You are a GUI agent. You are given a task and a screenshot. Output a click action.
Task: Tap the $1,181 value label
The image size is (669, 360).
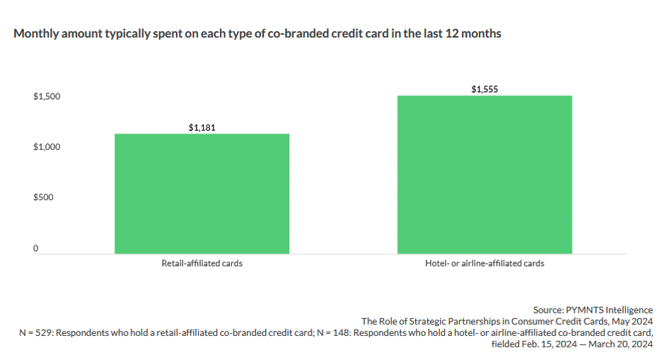202,128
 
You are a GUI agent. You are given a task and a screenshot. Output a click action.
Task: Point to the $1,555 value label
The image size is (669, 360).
484,90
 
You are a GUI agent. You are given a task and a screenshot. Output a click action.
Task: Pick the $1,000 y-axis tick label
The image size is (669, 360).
47,147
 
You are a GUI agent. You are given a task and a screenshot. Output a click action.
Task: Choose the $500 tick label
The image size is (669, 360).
43,197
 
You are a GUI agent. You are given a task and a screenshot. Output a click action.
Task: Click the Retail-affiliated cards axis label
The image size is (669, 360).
202,264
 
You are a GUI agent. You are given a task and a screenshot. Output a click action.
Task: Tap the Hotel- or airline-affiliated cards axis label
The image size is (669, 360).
484,264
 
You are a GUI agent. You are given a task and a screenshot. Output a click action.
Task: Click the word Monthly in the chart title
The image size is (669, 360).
35,34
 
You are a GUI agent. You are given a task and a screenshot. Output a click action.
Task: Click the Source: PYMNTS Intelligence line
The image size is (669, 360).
593,310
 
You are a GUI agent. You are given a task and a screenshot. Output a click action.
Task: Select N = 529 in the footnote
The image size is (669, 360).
30,332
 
